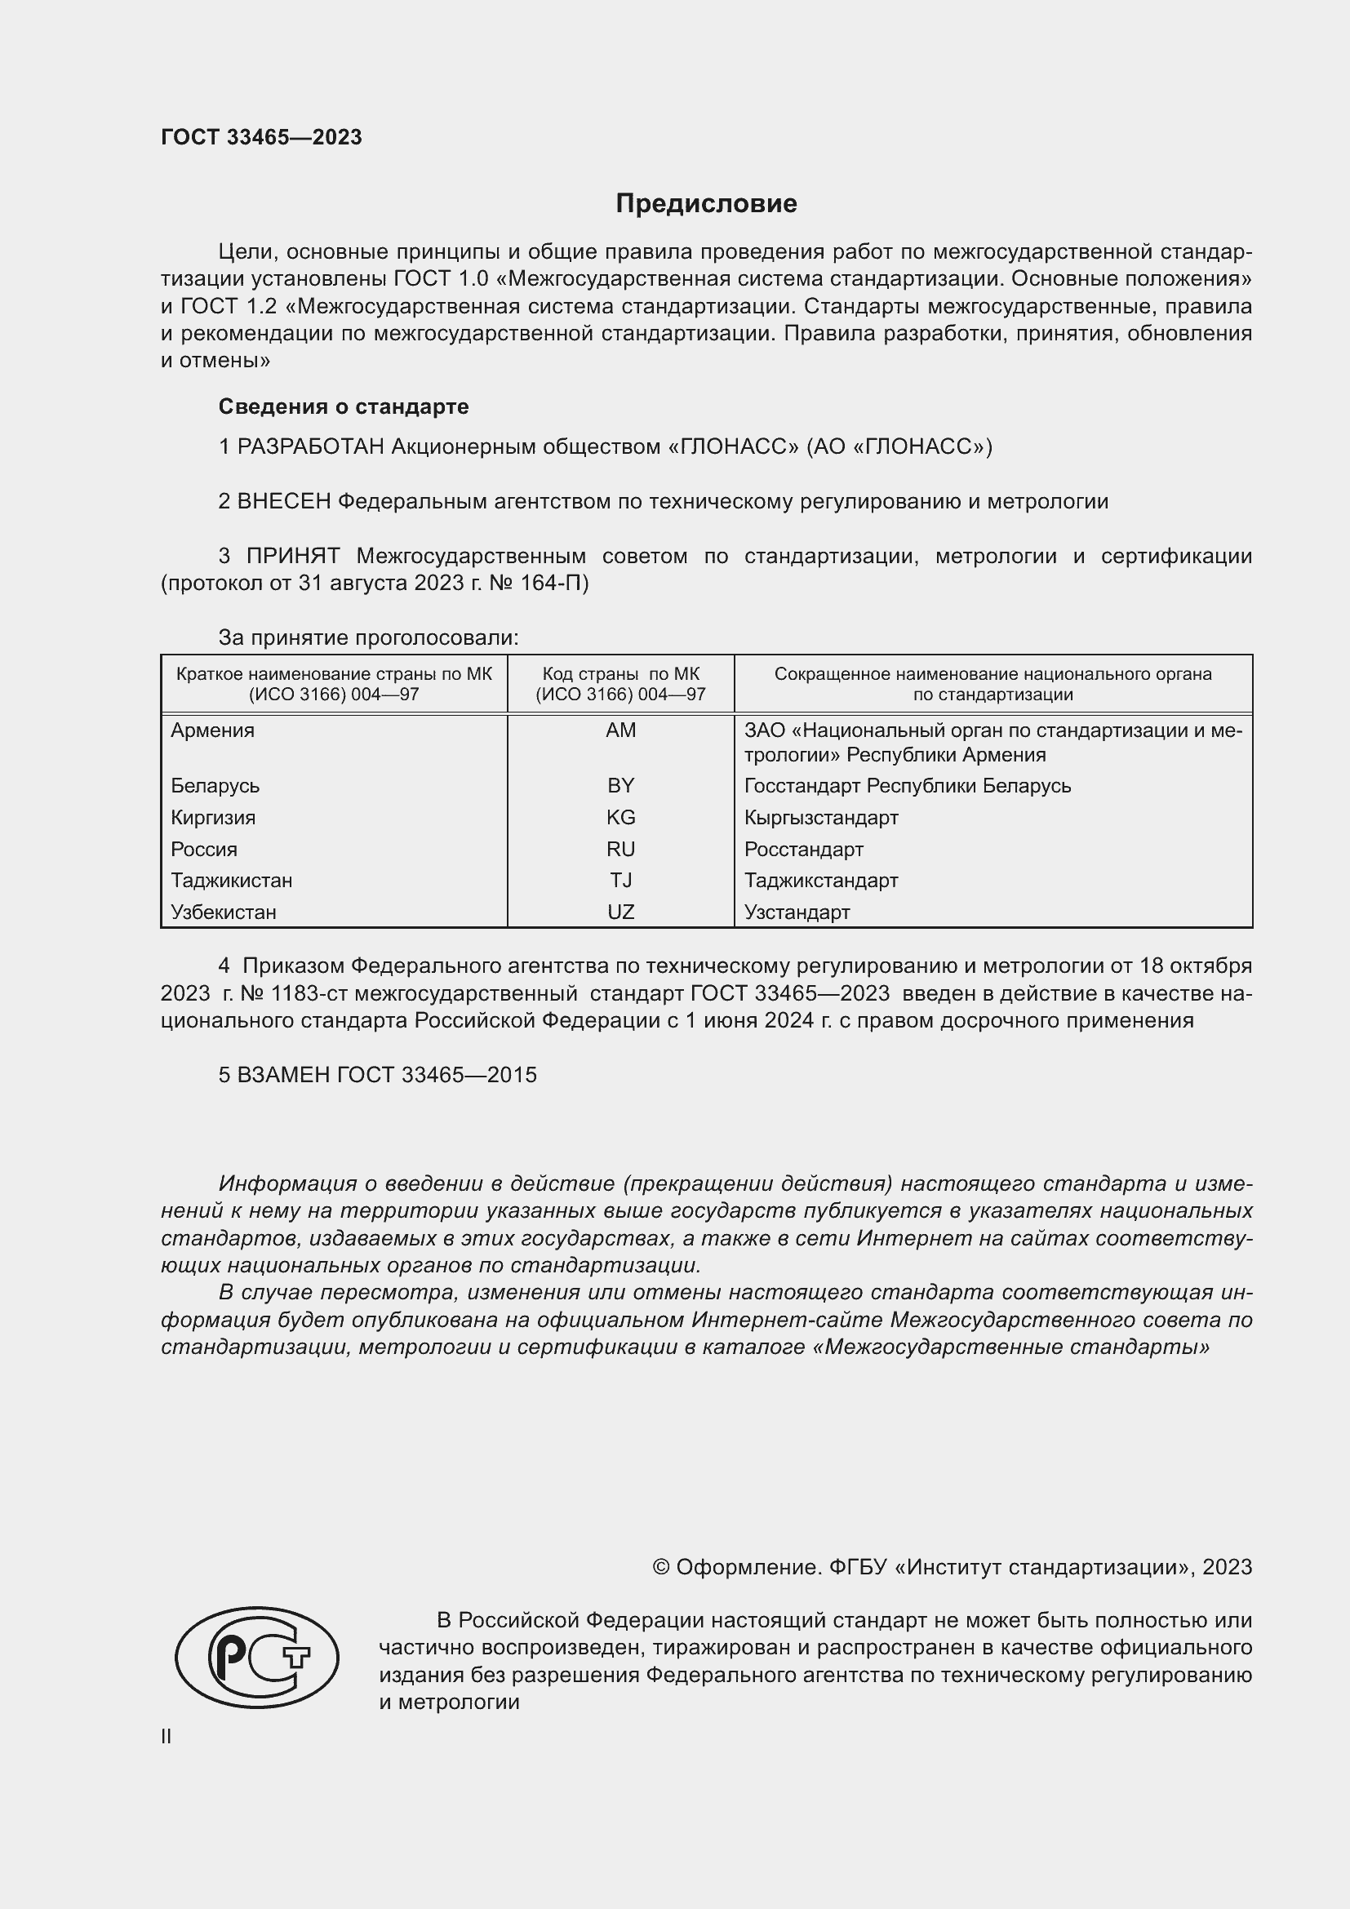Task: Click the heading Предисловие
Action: coord(706,204)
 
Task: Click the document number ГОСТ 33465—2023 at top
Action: coord(261,137)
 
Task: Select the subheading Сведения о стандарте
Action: coord(344,406)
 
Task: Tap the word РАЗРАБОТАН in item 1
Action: coord(311,447)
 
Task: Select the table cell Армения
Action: coord(213,730)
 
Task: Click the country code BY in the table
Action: coord(620,786)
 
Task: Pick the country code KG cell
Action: coord(620,817)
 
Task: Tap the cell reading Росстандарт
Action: coord(803,849)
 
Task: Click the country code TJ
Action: coord(620,880)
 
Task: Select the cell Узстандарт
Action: coord(797,912)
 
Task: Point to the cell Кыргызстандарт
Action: coord(820,817)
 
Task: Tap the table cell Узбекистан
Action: coord(223,912)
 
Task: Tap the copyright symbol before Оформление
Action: coord(661,1567)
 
